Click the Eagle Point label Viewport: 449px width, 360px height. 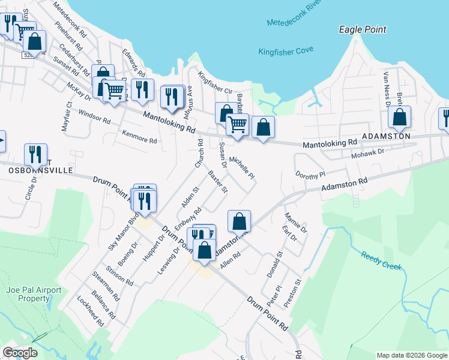[x=362, y=29]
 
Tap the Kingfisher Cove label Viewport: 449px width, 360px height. [x=286, y=52]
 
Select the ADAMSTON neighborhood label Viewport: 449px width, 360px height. [x=385, y=136]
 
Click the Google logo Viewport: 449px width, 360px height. [x=20, y=353]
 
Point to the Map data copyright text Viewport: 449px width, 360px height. [x=411, y=355]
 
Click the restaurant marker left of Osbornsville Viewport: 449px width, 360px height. [x=35, y=154]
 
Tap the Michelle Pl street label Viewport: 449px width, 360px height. [x=243, y=168]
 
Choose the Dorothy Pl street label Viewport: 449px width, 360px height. [x=310, y=174]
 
